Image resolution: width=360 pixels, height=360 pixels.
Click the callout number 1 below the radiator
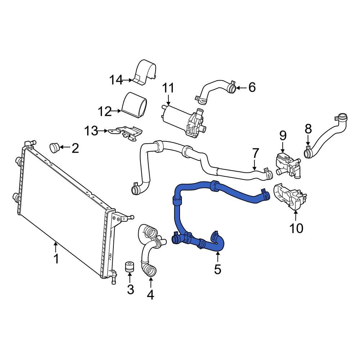[x=56, y=258]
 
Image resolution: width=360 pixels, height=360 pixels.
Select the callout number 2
[x=75, y=148]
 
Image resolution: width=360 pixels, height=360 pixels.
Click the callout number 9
[x=168, y=88]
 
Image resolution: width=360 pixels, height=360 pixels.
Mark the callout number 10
[x=105, y=112]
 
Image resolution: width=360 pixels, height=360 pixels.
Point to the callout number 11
[x=91, y=131]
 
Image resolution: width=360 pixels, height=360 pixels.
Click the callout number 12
[x=116, y=80]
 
